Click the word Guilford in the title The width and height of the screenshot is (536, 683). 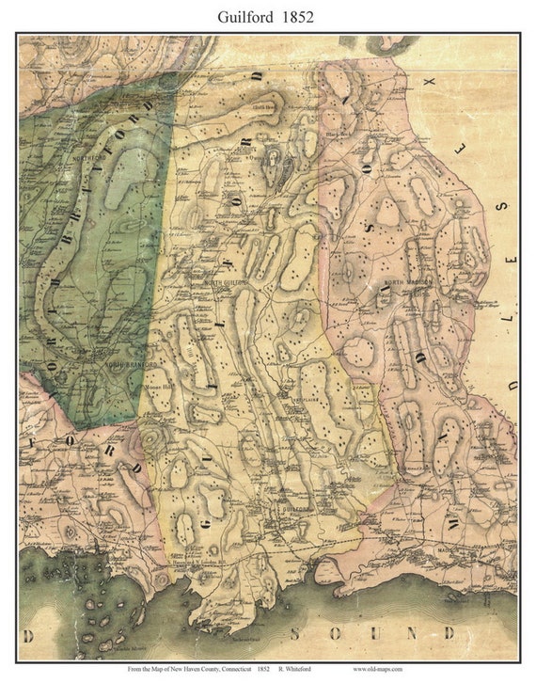[x=244, y=17]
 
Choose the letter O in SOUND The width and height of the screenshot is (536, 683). [x=335, y=632]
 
